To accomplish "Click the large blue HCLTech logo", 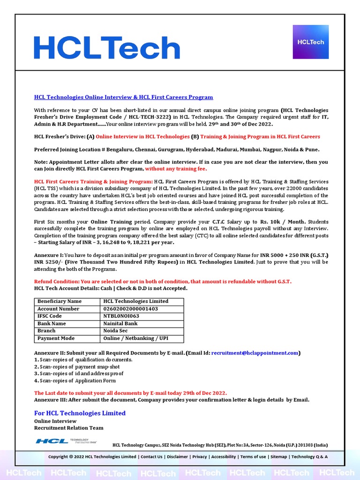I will (x=106, y=48).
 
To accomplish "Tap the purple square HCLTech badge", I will (x=310, y=42).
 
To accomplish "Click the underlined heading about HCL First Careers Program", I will (x=123, y=97).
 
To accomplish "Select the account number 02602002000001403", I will (x=130, y=309).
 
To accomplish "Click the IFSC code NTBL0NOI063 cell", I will (x=121, y=316).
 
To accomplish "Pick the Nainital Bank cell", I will (x=120, y=323).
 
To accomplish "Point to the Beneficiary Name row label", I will (x=59, y=301).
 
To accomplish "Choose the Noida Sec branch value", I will (x=115, y=331).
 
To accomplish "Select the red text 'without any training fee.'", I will (x=176, y=169).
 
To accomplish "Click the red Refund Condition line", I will (x=163, y=281).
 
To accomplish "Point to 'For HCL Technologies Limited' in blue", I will (x=80, y=413).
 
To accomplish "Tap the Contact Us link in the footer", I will (x=151, y=457).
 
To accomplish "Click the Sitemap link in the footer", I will (x=278, y=457).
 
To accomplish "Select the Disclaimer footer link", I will (x=178, y=457).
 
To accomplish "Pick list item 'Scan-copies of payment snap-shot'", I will (x=79, y=367).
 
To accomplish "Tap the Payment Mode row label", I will (x=56, y=338).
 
